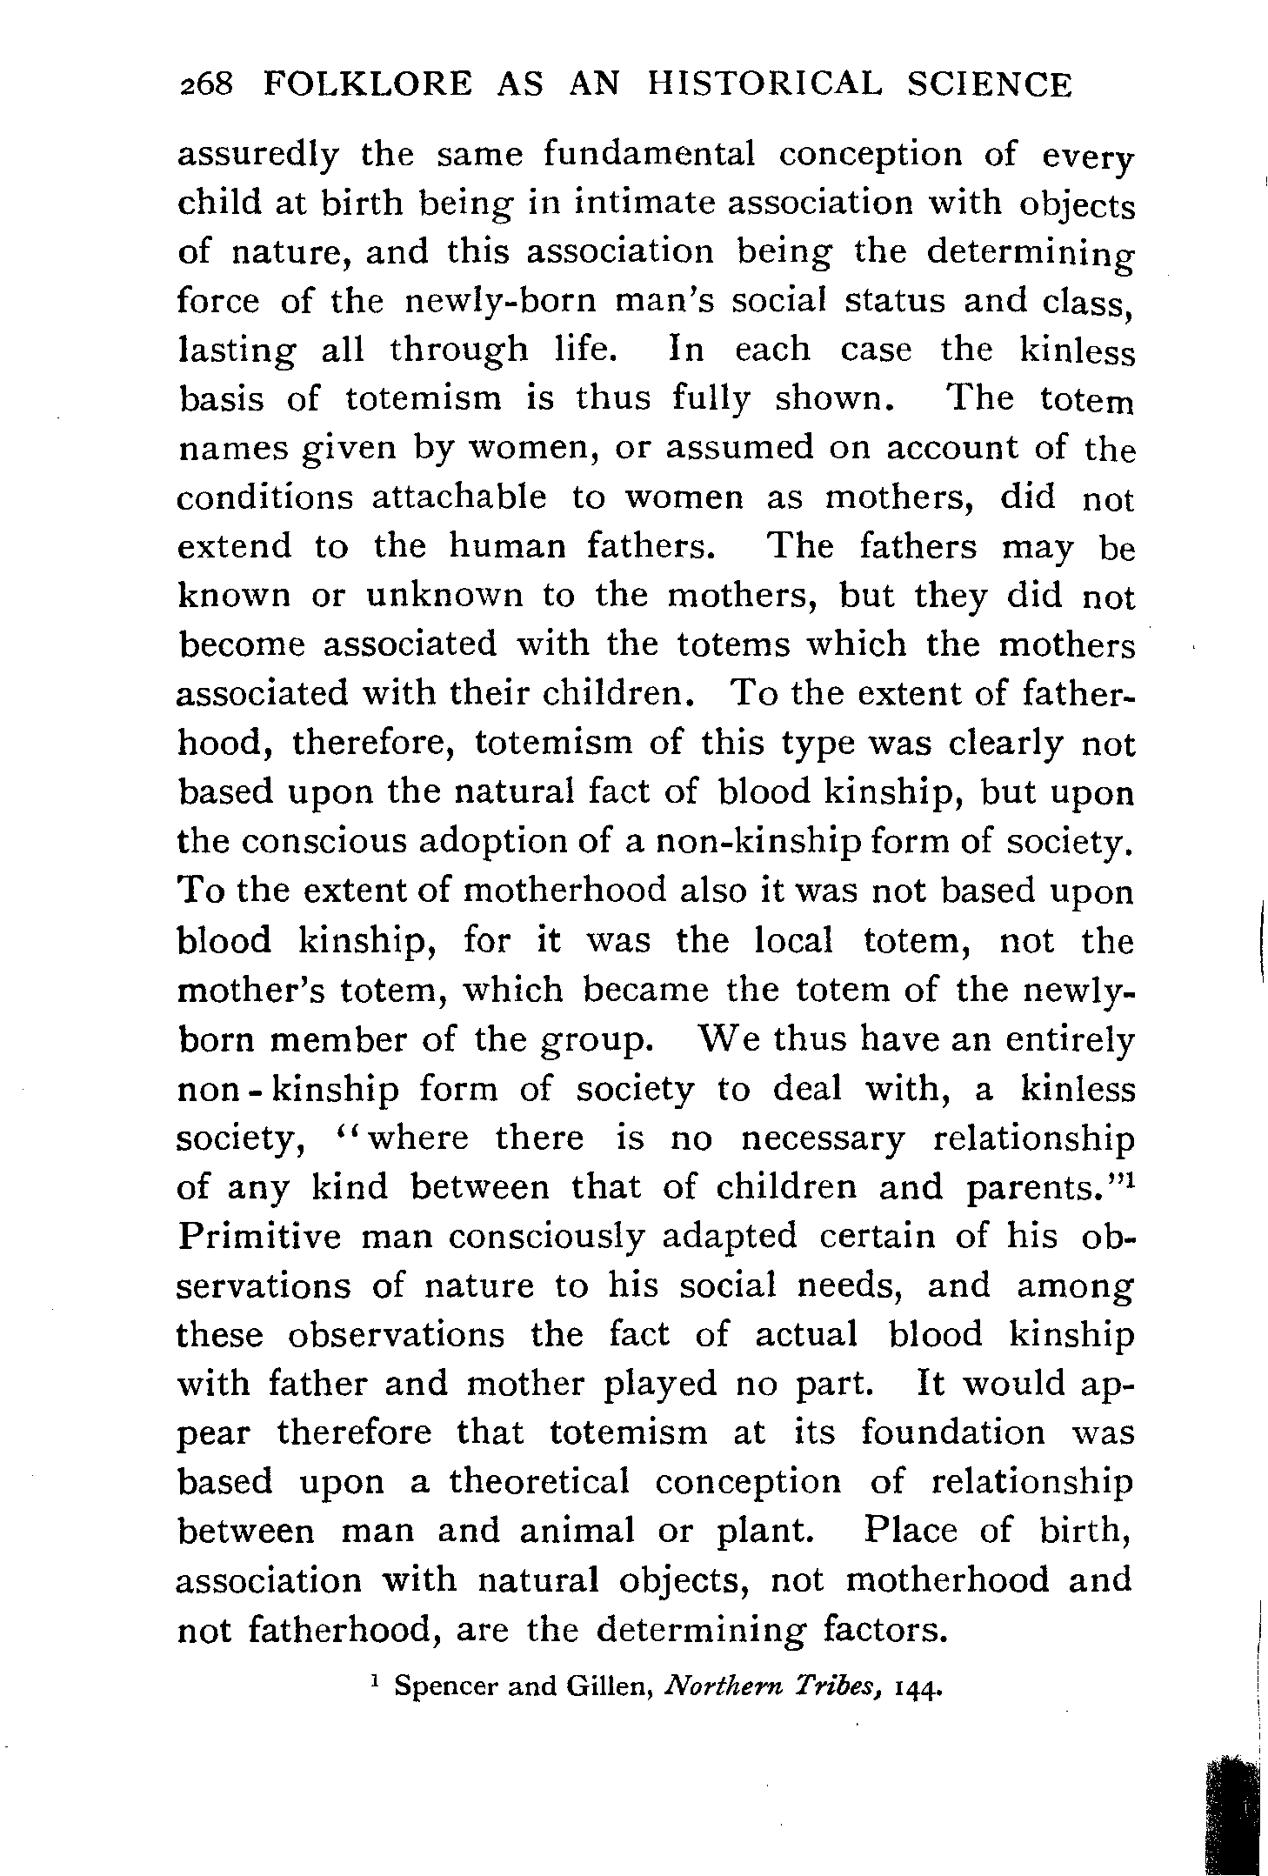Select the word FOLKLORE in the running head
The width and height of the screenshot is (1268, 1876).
[368, 85]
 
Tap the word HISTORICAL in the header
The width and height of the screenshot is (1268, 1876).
[766, 85]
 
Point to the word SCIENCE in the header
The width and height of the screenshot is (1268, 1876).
[986, 85]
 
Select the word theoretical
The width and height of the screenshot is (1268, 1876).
[538, 1481]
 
